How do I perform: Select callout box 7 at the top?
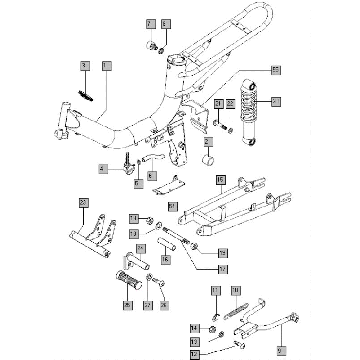[x=151, y=22]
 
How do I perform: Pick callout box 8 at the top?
[x=166, y=22]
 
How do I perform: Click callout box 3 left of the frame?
[x=86, y=65]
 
